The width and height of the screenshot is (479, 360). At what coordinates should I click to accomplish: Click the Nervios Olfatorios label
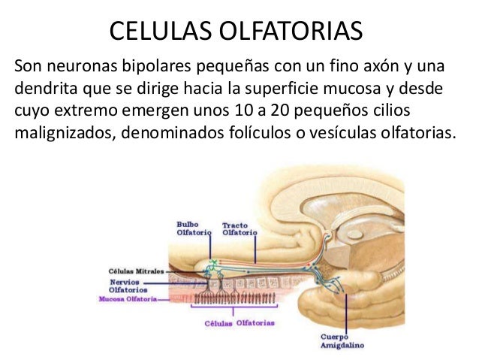point(128,285)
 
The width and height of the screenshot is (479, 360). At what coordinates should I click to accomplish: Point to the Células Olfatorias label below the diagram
point(239,323)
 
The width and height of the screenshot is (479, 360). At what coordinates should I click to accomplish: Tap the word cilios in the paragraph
point(390,112)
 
